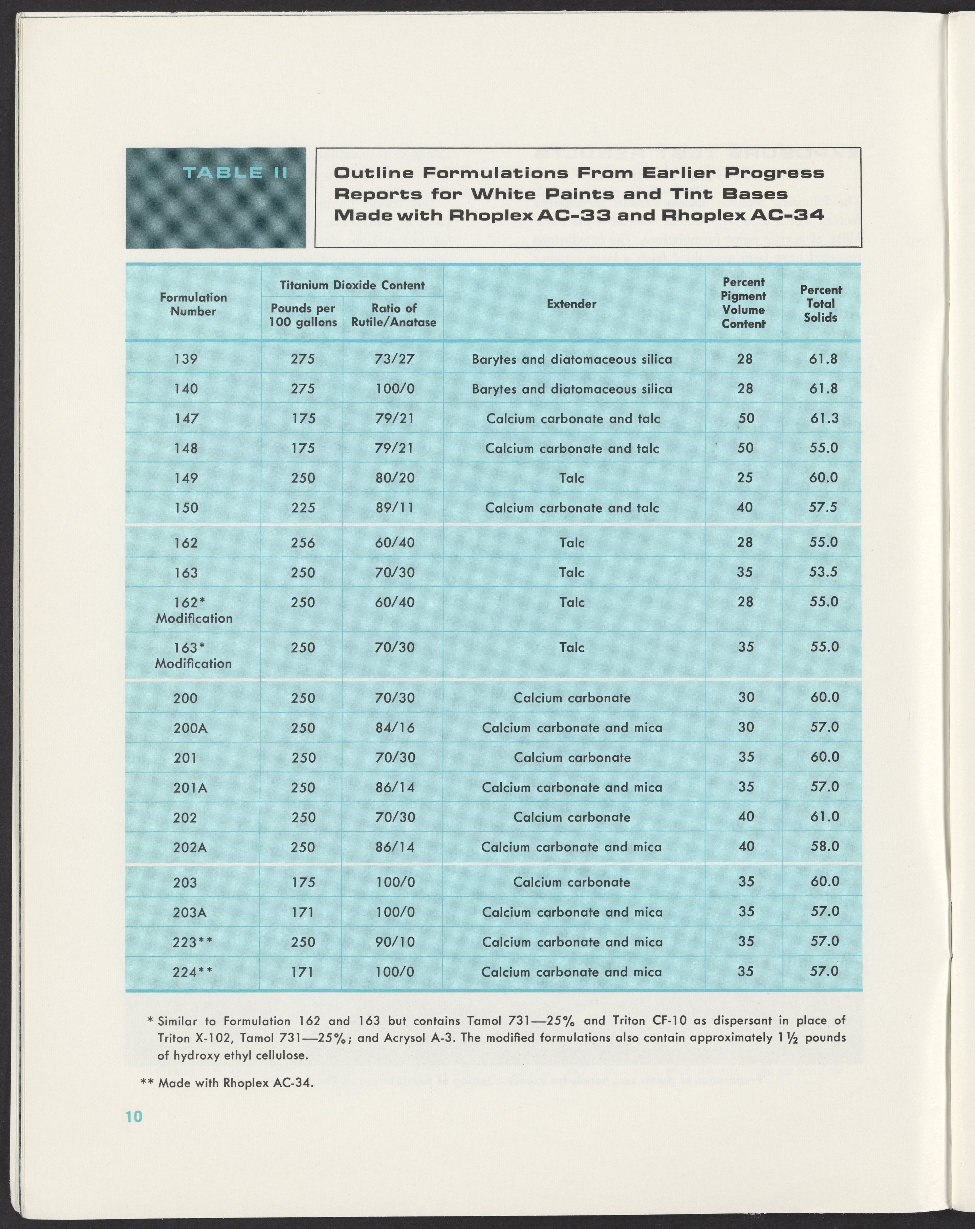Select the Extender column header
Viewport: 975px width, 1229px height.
(571, 304)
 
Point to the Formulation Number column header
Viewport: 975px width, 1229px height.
(193, 304)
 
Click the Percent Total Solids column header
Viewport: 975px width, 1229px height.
(821, 304)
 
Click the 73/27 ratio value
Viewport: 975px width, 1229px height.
(394, 359)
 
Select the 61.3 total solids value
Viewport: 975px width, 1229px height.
(824, 418)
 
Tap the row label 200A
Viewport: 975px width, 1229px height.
(190, 728)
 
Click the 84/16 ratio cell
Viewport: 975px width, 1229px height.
(394, 728)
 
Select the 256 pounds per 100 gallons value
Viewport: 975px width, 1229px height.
(303, 543)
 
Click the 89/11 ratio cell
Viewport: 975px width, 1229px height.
(394, 507)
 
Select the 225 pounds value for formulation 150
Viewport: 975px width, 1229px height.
(303, 507)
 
